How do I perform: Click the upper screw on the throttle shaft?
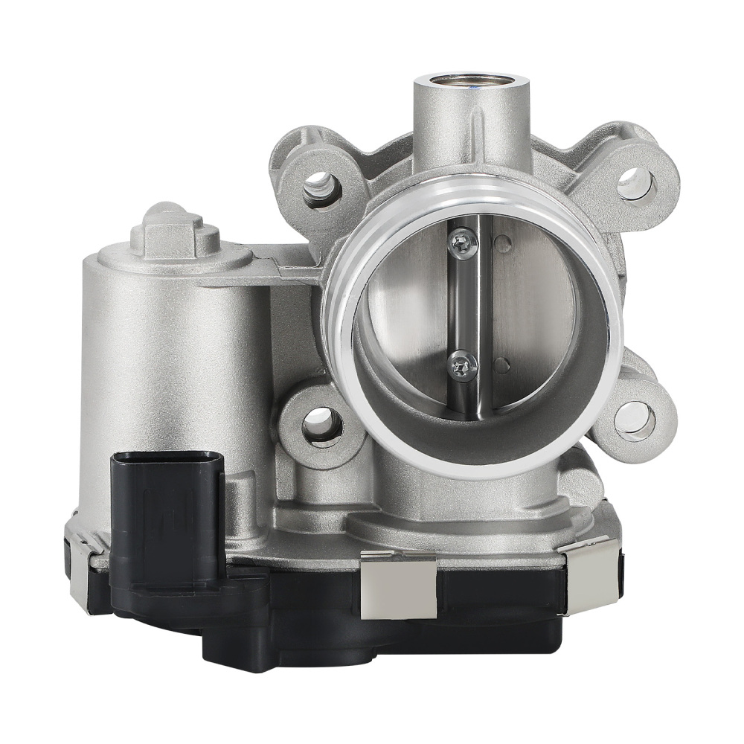tap(462, 243)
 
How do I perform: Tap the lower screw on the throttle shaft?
tap(463, 365)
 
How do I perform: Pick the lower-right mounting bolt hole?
tap(635, 417)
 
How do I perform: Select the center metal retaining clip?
tap(397, 589)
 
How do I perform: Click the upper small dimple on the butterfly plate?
tap(503, 243)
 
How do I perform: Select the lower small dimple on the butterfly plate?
tap(503, 365)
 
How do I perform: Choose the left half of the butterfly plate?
tap(405, 312)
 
